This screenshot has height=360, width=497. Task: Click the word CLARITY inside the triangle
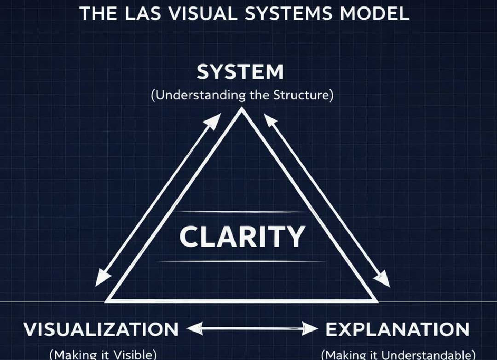click(242, 237)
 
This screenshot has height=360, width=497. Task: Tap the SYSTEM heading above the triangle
click(240, 73)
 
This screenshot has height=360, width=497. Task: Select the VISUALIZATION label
click(101, 329)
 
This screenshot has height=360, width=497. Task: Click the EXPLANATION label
click(398, 329)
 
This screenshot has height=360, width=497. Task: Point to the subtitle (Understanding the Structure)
click(242, 96)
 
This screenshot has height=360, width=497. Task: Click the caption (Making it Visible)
click(103, 354)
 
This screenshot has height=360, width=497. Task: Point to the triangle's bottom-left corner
click(107, 301)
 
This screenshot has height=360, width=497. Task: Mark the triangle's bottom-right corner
click(377, 301)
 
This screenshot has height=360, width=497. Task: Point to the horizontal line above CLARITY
click(242, 212)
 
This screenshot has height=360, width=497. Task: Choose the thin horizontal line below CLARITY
click(242, 261)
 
